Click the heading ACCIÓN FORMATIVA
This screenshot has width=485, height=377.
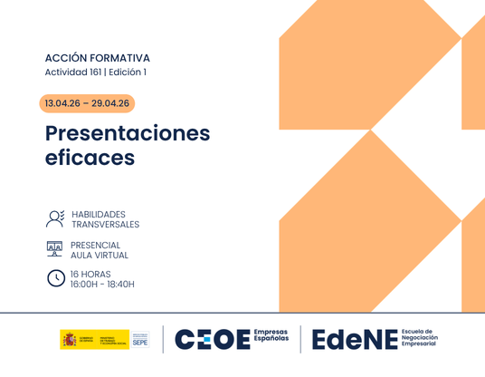(x=97, y=58)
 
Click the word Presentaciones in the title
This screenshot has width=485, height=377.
(x=128, y=134)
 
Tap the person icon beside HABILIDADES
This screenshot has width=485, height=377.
(x=55, y=218)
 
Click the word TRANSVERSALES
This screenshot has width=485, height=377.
(x=104, y=225)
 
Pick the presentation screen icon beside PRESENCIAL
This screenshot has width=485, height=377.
(x=55, y=248)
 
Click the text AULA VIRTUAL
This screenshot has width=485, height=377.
(x=100, y=256)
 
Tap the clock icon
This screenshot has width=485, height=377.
(x=56, y=278)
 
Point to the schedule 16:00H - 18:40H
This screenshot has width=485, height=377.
(x=102, y=285)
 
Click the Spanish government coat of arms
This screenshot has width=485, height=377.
(x=69, y=339)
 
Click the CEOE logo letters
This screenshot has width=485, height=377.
(x=213, y=339)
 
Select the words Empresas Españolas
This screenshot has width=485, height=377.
(x=271, y=339)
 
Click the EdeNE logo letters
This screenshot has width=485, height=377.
(x=355, y=339)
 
